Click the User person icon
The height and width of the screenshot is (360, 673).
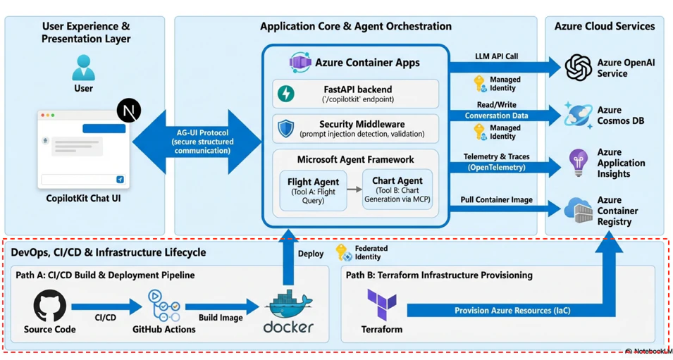pyautogui.click(x=83, y=68)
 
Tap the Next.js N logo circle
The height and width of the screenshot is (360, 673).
pyautogui.click(x=129, y=111)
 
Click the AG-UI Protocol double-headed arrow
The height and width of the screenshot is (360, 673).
pyautogui.click(x=197, y=142)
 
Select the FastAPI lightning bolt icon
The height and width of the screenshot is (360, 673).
pyautogui.click(x=286, y=94)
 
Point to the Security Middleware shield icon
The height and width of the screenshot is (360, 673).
pyautogui.click(x=286, y=128)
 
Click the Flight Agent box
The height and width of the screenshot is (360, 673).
pyautogui.click(x=313, y=190)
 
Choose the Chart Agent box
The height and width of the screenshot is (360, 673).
pyautogui.click(x=397, y=190)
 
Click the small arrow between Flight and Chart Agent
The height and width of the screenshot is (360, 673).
pyautogui.click(x=354, y=190)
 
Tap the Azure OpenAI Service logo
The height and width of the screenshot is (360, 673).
pyautogui.click(x=578, y=68)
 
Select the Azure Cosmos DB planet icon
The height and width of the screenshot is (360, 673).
pyautogui.click(x=578, y=115)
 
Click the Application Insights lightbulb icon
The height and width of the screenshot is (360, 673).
pyautogui.click(x=578, y=163)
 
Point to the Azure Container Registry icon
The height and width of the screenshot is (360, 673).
pyautogui.click(x=578, y=210)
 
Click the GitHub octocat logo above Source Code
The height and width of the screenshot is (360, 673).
pyautogui.click(x=50, y=306)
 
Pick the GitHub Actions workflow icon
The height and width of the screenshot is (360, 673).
pyautogui.click(x=164, y=306)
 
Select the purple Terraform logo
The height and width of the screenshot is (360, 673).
pyautogui.click(x=381, y=304)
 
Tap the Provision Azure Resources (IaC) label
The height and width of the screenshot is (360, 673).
pyautogui.click(x=512, y=310)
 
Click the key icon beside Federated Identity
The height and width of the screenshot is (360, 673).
pyautogui.click(x=343, y=252)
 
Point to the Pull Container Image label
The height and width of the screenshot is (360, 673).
pyautogui.click(x=497, y=199)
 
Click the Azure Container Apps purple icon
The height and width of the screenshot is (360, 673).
pyautogui.click(x=300, y=63)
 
